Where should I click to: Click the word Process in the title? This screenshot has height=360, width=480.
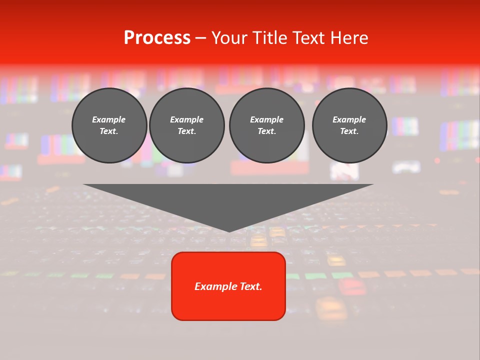[157, 38]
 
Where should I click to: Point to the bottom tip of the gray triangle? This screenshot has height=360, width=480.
[229, 231]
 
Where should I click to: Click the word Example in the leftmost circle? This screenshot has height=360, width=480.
[109, 119]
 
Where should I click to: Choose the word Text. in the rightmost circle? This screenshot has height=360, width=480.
[349, 131]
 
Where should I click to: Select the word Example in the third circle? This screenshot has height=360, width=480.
[266, 119]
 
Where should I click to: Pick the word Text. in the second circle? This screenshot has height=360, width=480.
[187, 131]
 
